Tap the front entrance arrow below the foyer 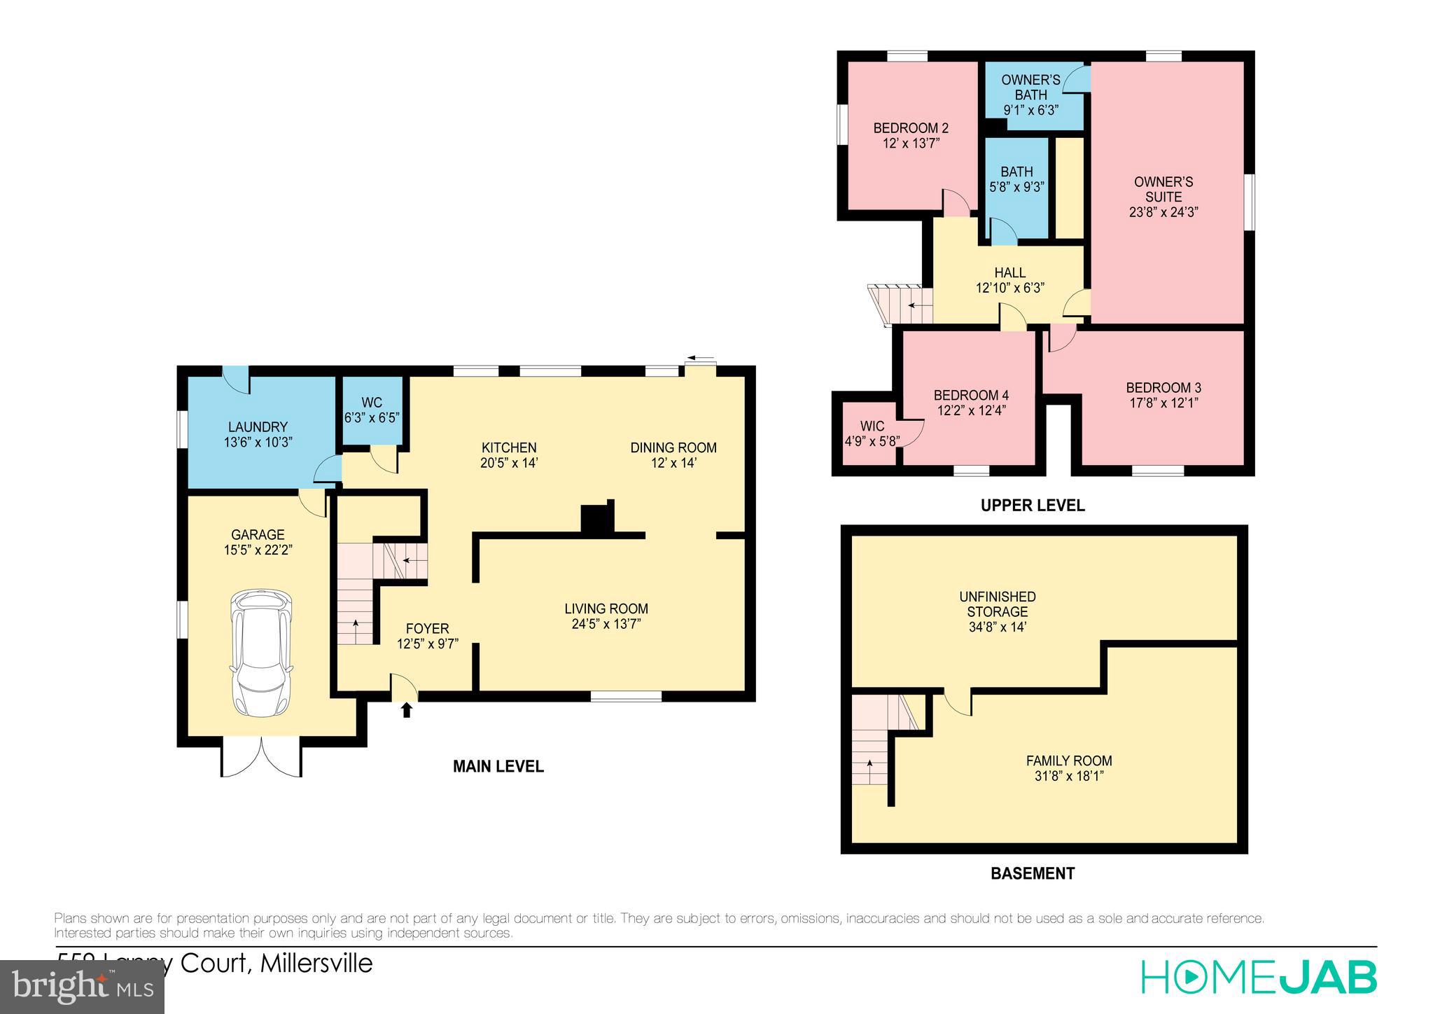tap(406, 710)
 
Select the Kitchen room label tap(509, 447)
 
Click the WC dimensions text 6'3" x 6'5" tap(372, 418)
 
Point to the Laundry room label tap(258, 426)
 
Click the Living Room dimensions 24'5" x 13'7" tap(606, 624)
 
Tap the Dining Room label tap(673, 447)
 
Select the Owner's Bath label tap(1030, 87)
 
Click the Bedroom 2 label tap(910, 128)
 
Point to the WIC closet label tap(872, 426)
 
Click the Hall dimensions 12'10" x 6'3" tap(1010, 288)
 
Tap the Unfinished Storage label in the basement tap(998, 604)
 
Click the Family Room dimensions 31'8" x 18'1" tap(1068, 776)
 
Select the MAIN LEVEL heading tap(498, 766)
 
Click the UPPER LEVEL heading tap(1032, 505)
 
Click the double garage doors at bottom tap(262, 758)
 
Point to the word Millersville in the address tap(316, 964)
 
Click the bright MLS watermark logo tap(83, 987)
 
